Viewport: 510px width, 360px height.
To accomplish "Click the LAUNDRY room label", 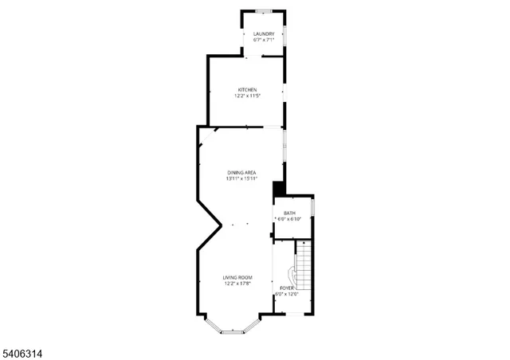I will (x=264, y=33).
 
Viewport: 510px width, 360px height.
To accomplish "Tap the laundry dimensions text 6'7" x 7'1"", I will (x=264, y=40).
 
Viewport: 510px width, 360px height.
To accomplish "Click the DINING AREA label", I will (x=241, y=172).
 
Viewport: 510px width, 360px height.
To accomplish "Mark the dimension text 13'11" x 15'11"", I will (x=241, y=178).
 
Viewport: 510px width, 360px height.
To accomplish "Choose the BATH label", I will (x=289, y=213).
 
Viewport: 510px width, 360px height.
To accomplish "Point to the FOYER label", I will (x=285, y=288).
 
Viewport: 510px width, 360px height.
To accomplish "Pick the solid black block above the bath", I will (x=279, y=188).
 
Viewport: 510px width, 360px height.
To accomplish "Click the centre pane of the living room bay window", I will (x=232, y=331).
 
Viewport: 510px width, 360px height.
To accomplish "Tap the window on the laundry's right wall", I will (x=285, y=37).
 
